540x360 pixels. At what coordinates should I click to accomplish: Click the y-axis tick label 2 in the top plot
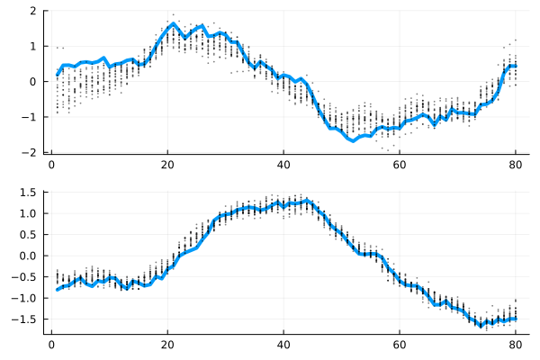click(x=32, y=11)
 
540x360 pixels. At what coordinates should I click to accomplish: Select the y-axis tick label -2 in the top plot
click(x=31, y=153)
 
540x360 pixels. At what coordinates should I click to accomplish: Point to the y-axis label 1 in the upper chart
click(x=32, y=46)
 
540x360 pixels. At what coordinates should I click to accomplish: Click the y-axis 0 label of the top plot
click(x=32, y=82)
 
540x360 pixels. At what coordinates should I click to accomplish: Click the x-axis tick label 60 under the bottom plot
click(x=400, y=344)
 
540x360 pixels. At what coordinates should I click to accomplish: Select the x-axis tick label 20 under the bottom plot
click(x=167, y=344)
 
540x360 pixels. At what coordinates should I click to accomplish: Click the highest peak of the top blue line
click(x=173, y=24)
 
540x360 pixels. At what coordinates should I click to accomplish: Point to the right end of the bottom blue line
click(x=516, y=319)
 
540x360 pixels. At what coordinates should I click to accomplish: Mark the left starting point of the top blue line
click(x=57, y=76)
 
